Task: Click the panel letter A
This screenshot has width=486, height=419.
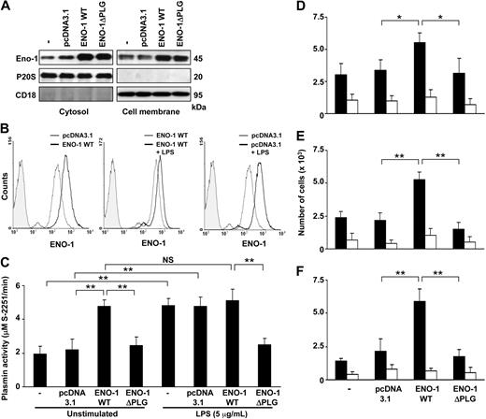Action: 7,8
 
